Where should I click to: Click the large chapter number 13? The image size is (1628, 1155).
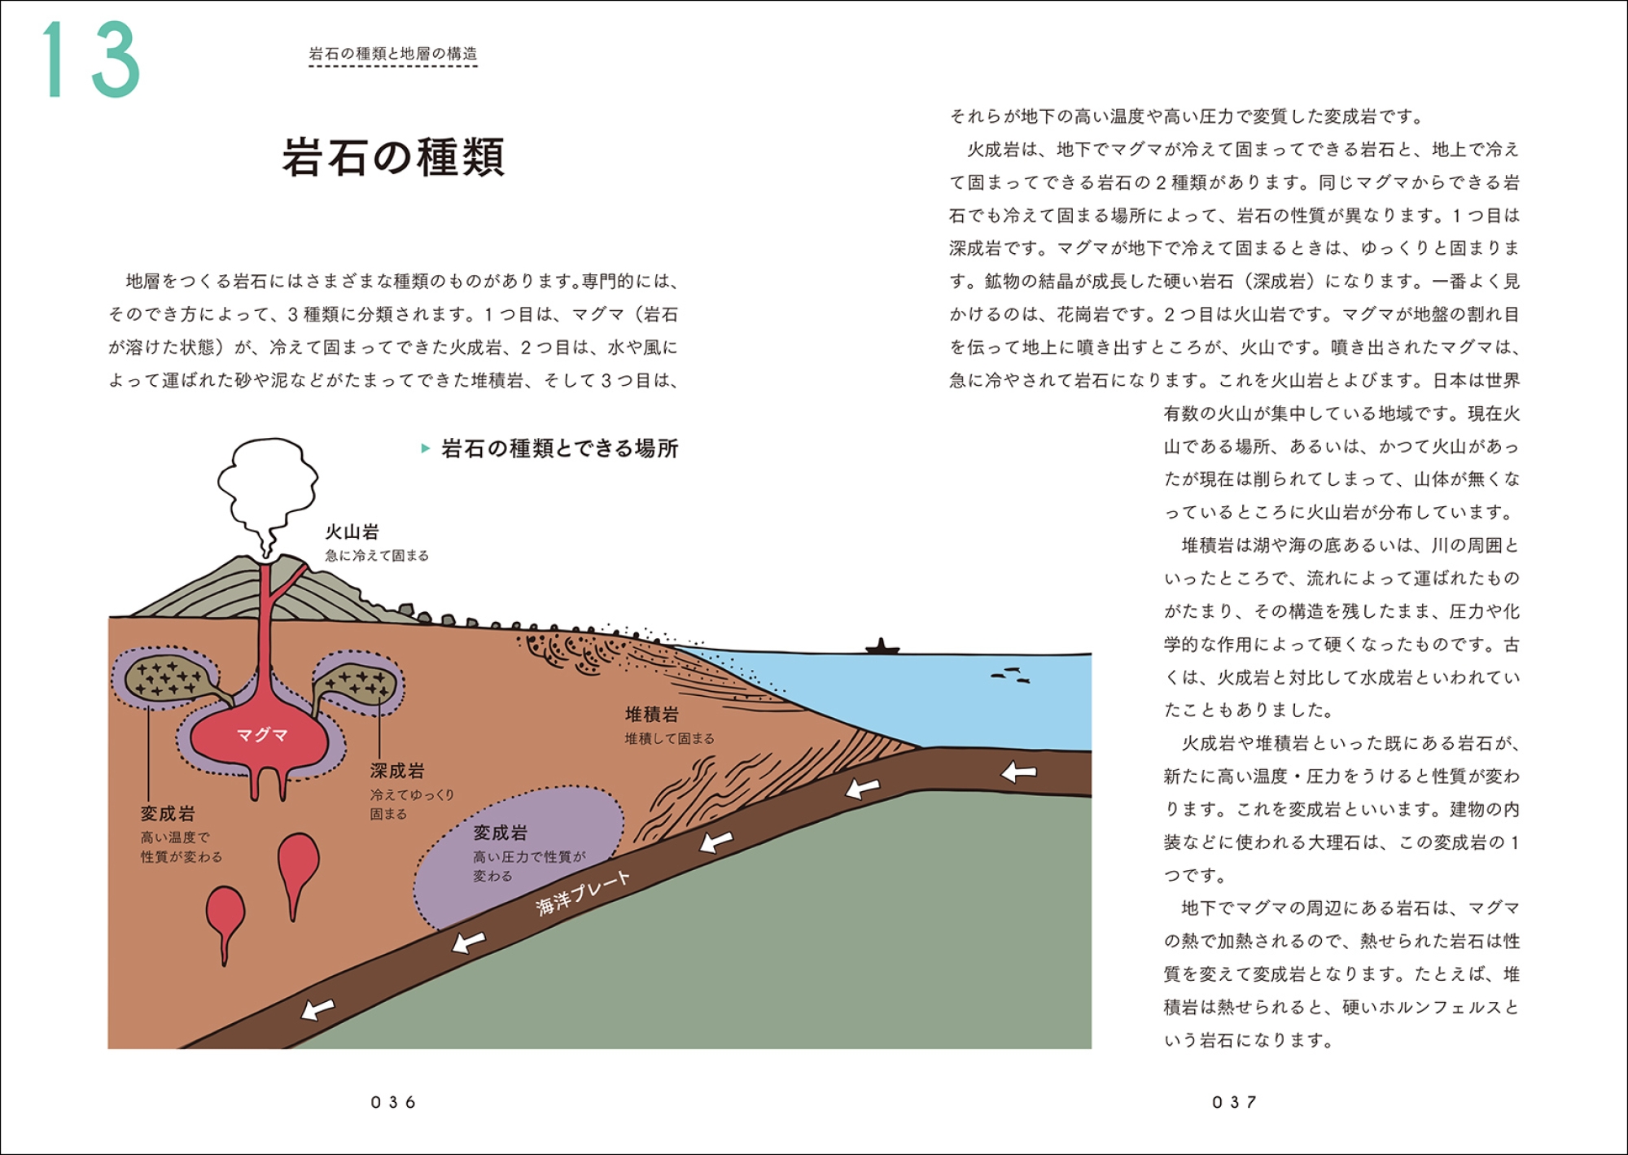[92, 59]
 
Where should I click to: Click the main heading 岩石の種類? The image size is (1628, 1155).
[394, 156]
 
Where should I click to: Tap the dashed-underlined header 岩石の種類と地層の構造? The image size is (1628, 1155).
[393, 54]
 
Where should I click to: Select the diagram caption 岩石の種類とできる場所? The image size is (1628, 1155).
[560, 448]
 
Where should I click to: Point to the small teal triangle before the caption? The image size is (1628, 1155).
[425, 448]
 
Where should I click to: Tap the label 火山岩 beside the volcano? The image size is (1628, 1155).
[352, 532]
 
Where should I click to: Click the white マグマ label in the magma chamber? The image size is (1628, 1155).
[262, 735]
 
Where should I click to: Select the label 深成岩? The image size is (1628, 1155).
[397, 770]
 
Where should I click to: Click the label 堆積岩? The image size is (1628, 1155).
[652, 715]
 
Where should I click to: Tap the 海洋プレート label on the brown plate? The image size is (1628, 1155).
[584, 893]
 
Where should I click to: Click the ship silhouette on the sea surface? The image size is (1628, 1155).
[882, 647]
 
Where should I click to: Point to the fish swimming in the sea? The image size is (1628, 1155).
[1010, 675]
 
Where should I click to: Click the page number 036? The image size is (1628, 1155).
[393, 1102]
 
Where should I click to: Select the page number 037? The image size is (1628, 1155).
[1234, 1102]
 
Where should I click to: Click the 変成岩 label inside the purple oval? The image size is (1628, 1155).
[501, 833]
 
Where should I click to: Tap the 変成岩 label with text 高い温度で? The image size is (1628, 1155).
[168, 813]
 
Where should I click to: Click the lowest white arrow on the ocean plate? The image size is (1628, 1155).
[317, 1009]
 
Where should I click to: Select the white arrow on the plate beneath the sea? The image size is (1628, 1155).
[1018, 772]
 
